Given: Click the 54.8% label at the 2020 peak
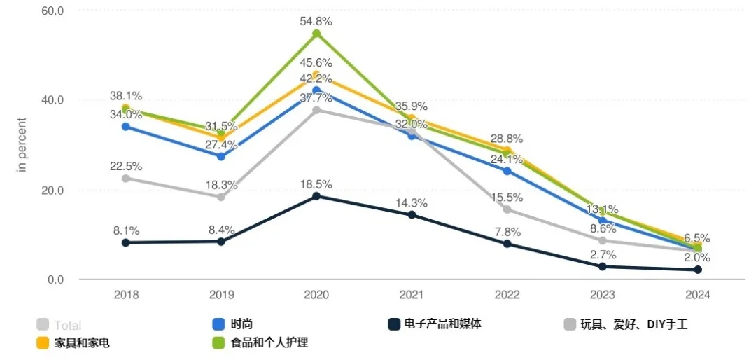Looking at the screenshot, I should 316,22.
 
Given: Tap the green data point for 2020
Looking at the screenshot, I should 316,34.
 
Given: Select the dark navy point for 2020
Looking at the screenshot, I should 316,196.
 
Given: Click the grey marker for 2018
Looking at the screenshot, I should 126,178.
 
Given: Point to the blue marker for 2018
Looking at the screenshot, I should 126,127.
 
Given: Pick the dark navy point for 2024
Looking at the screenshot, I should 698,270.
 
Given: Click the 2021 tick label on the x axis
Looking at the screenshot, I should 412,295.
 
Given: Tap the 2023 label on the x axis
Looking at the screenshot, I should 602,295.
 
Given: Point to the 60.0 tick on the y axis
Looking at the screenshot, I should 52,11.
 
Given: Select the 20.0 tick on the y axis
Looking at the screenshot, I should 52,190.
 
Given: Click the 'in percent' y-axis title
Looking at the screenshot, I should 22,146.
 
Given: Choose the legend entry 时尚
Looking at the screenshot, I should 241,324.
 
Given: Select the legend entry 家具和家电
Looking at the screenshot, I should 82,342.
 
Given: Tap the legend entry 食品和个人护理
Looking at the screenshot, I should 269,342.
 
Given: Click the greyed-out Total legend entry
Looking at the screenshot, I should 68,325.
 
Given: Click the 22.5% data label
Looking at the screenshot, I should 126,166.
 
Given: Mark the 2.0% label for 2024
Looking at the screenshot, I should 698,257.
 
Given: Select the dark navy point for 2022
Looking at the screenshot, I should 507,244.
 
